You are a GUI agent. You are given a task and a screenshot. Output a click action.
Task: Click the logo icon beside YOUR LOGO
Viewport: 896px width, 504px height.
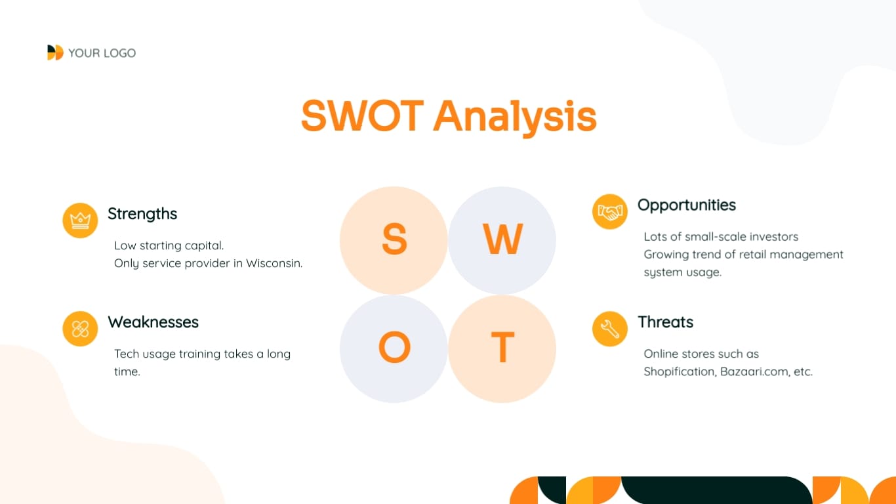pos(55,52)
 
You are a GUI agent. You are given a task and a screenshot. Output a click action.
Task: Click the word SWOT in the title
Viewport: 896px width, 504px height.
pos(362,115)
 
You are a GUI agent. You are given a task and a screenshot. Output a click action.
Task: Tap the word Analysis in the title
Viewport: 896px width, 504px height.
pos(515,117)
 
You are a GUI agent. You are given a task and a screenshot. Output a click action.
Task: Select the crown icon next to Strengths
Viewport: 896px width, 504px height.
pos(80,220)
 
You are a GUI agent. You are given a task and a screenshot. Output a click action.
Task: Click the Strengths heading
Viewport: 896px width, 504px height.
pos(142,214)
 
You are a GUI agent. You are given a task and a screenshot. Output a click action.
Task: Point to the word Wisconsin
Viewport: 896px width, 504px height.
pos(274,263)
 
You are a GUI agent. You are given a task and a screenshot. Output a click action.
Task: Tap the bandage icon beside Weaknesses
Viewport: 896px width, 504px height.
pos(80,329)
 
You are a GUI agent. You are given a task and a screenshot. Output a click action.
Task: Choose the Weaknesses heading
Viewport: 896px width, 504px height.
pos(153,322)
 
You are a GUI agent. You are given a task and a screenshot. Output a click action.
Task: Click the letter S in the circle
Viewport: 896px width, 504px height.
pos(394,239)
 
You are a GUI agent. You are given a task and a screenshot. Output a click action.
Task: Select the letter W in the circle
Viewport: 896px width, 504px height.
pos(503,239)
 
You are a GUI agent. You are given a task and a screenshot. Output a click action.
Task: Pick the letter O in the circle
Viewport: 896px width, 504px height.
pos(394,347)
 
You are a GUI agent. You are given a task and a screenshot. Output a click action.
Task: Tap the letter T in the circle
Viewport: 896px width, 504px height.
pos(503,347)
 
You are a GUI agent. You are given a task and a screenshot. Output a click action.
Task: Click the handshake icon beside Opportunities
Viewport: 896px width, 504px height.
pos(610,212)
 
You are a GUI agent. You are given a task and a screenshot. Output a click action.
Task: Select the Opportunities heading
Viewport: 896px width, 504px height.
pos(687,205)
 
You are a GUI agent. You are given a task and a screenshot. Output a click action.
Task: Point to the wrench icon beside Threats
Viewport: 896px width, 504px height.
pos(610,329)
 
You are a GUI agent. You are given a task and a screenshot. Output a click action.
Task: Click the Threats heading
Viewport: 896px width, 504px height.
pos(666,322)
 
